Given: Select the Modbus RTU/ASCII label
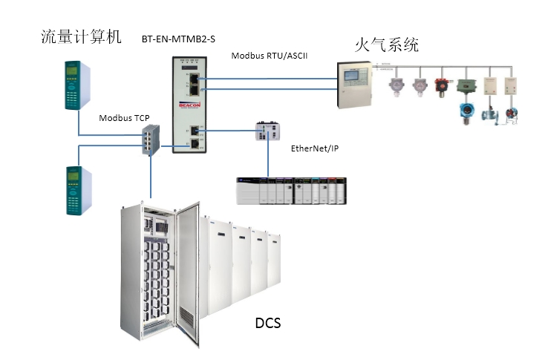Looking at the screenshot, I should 269,56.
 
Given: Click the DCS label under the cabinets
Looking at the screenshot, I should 268,324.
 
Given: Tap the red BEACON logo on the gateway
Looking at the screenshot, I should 190,106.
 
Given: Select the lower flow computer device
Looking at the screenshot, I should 76,190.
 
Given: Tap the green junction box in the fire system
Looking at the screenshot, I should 466,86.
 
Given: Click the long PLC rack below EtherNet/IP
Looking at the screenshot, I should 291,191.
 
